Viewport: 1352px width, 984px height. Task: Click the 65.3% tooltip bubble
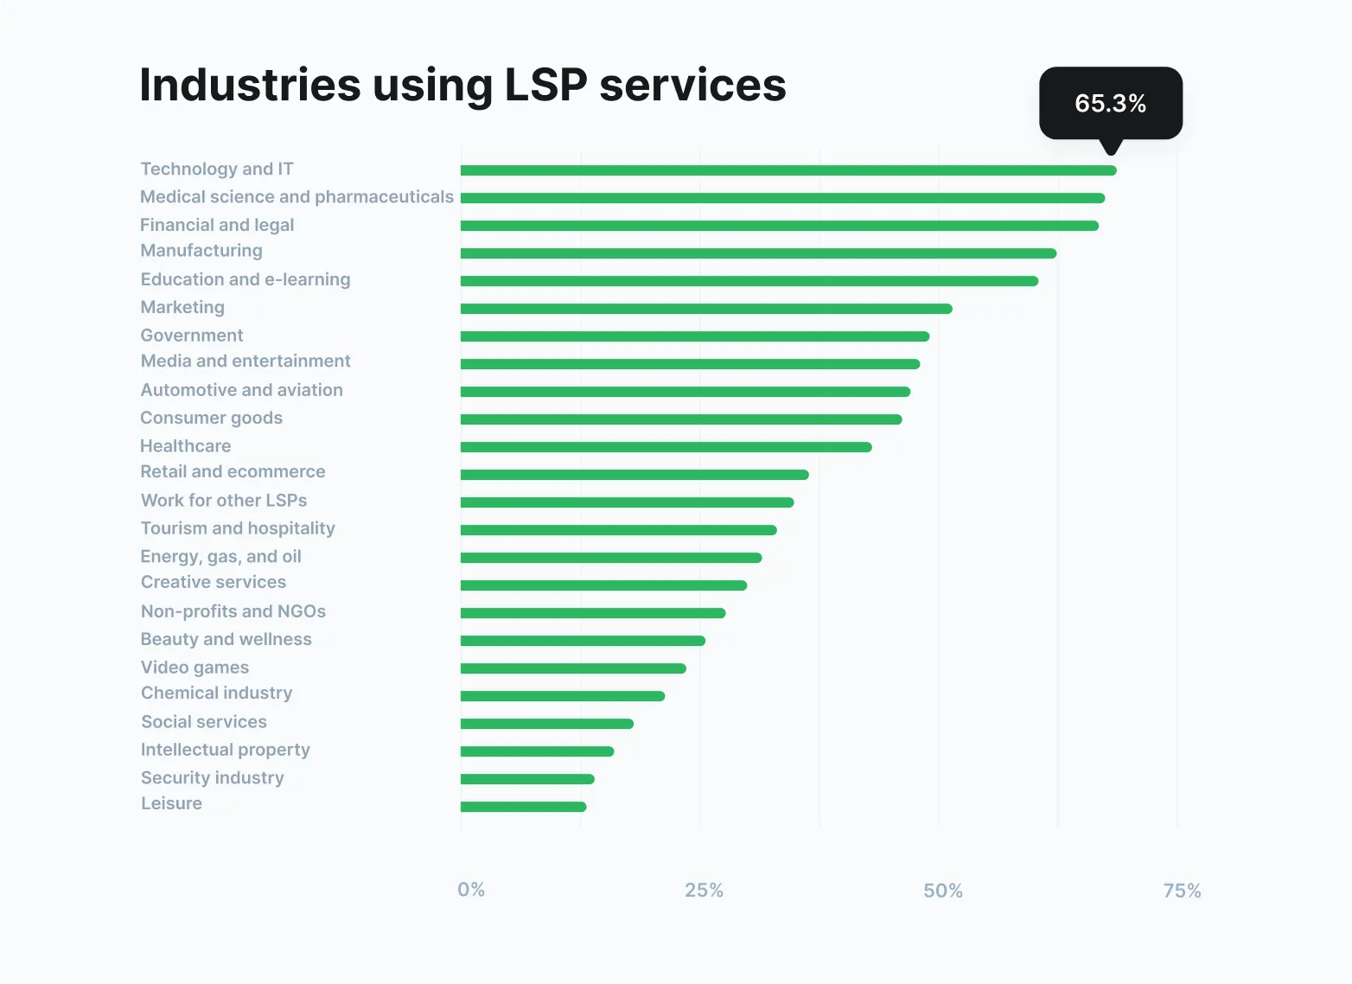tap(1110, 103)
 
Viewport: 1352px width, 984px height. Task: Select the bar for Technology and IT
tap(788, 170)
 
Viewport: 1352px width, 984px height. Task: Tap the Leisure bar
tap(523, 807)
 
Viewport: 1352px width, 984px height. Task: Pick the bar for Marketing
tap(705, 309)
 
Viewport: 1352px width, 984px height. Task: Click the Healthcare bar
tap(666, 447)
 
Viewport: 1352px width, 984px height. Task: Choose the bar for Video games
tap(573, 668)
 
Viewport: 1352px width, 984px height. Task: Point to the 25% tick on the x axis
tap(704, 891)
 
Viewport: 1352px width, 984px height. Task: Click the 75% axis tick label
tap(1182, 891)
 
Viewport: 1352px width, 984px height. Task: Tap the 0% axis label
tap(471, 890)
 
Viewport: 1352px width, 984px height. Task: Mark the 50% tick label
tap(942, 891)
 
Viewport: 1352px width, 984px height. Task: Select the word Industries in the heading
tap(250, 85)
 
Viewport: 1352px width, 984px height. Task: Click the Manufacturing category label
tap(201, 251)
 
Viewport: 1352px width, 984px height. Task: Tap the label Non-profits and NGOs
tap(233, 611)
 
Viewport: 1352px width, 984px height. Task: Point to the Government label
tap(192, 335)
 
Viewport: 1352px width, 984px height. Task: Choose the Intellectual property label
tap(226, 750)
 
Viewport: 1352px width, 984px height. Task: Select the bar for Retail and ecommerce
tap(635, 475)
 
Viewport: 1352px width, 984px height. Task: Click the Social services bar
tap(546, 724)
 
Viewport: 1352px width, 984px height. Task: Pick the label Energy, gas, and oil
tap(221, 556)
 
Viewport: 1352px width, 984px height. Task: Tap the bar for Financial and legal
tap(779, 226)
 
